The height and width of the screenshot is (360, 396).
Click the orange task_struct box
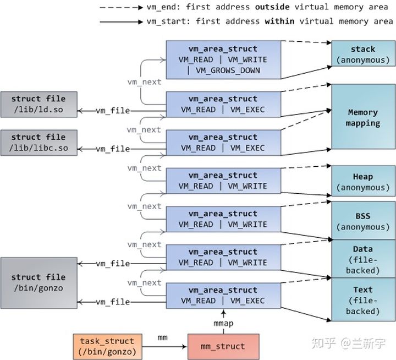[108, 346]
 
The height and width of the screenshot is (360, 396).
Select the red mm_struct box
[223, 346]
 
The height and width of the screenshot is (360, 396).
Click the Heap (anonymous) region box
[363, 181]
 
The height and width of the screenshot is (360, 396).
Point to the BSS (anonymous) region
[363, 221]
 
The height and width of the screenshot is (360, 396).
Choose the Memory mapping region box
[363, 117]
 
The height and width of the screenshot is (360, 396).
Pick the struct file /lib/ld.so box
[39, 104]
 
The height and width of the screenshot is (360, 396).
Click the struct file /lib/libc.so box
[39, 143]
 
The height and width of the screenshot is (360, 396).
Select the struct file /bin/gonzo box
[39, 283]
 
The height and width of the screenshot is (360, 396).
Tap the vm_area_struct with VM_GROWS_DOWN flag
[223, 60]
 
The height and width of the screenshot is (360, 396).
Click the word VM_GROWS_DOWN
[228, 70]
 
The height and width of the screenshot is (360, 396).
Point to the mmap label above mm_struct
[223, 323]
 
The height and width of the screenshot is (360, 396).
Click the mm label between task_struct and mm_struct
[162, 337]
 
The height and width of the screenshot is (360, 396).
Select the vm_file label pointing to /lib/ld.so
[113, 111]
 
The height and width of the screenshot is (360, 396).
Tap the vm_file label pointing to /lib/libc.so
[113, 149]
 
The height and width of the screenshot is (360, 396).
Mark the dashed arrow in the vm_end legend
[121, 8]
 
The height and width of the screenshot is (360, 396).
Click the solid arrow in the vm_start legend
[121, 22]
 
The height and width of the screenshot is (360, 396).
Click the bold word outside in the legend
[272, 7]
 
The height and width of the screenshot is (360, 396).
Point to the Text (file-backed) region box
[363, 299]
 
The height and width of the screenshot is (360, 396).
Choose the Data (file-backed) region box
[363, 259]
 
